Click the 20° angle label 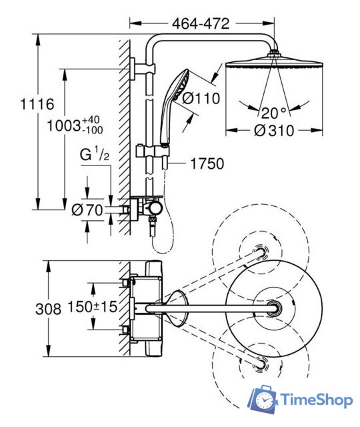[273, 111]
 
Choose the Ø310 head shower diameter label [273, 133]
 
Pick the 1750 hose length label [207, 163]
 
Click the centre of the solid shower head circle [274, 308]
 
